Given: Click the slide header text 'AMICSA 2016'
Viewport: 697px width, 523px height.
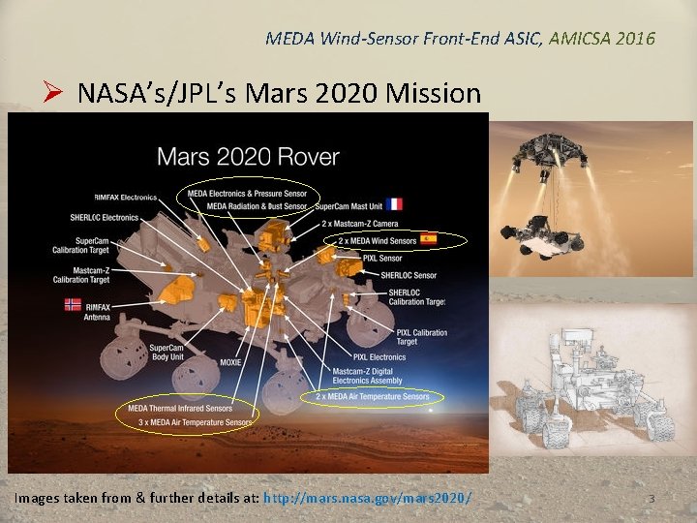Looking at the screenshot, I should (x=601, y=39).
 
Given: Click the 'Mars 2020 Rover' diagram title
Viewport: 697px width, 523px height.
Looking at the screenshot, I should (x=248, y=156).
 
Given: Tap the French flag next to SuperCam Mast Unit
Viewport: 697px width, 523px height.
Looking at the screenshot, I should (x=394, y=204).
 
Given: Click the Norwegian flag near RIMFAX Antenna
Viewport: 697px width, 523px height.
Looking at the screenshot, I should (x=73, y=304).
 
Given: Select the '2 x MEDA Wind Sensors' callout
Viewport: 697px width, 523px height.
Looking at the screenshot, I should (x=378, y=239).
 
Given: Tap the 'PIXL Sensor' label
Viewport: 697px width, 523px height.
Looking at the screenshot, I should (x=381, y=259).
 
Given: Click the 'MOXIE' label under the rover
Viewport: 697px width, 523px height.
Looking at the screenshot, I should (x=230, y=362).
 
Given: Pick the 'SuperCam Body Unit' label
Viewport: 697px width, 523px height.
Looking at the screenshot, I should (x=166, y=353).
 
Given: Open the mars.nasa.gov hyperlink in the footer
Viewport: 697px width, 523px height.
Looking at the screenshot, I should (x=368, y=498).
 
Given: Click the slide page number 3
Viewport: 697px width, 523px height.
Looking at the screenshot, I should (x=652, y=499).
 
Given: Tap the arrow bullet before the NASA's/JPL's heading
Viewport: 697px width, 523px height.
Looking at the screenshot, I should (x=53, y=94).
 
